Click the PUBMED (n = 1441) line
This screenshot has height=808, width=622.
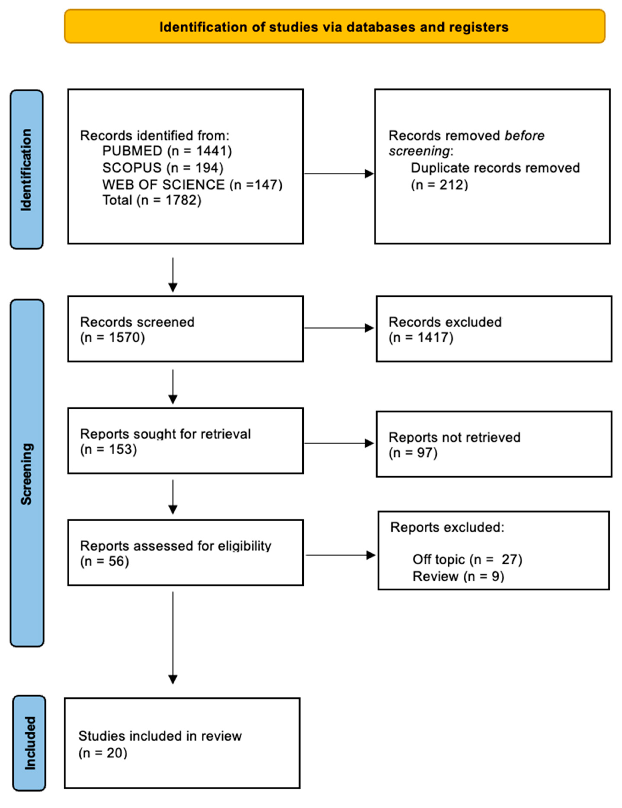(167, 151)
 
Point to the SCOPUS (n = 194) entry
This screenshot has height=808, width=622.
(163, 168)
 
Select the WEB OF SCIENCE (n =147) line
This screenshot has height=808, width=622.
(192, 184)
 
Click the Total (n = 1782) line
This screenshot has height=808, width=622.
(152, 200)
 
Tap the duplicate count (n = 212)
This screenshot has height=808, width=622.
(439, 184)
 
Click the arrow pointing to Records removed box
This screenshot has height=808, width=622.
(339, 174)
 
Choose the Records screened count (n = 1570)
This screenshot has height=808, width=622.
(112, 337)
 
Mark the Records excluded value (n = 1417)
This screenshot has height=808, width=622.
(421, 337)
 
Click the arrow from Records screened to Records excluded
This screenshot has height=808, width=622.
(339, 328)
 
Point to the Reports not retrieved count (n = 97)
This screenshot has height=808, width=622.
(413, 453)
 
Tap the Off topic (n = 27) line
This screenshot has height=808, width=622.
(467, 559)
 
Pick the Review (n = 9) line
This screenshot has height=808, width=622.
(458, 576)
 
